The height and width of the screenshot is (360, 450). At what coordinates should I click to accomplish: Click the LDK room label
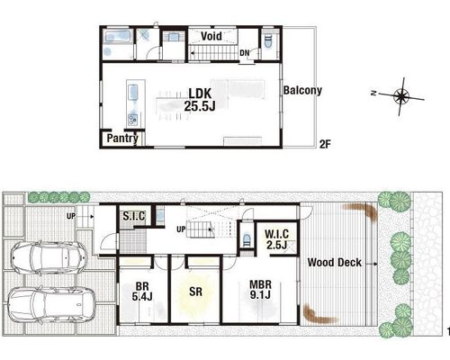tap(200, 100)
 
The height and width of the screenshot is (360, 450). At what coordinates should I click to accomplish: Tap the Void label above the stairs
tap(211, 36)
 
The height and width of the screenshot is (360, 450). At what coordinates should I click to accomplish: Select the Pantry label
tap(122, 139)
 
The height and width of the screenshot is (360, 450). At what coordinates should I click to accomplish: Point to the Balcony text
tap(302, 90)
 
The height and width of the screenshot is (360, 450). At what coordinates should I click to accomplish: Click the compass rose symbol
tap(401, 96)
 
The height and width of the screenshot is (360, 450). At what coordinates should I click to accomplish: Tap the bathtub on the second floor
tap(117, 37)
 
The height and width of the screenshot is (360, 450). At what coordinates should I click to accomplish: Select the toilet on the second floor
tap(268, 41)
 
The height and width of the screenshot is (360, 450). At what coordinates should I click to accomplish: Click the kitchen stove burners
tap(132, 120)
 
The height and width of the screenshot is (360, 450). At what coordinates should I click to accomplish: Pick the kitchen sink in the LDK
tap(133, 93)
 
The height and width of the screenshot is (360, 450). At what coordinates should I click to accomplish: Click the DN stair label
tap(245, 53)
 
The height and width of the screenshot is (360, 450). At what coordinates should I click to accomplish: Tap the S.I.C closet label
tap(134, 216)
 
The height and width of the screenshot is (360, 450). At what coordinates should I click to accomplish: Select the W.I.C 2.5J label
tap(277, 239)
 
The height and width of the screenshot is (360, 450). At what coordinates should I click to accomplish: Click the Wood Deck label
tap(335, 263)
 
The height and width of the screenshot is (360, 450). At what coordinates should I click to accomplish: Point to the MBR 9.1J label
tap(260, 290)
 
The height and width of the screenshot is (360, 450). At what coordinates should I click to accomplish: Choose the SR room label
tap(195, 292)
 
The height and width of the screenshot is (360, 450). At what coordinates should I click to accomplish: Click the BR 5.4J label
tap(142, 292)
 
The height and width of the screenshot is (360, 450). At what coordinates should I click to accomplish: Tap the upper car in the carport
tap(49, 257)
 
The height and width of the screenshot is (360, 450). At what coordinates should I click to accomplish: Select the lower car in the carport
tap(51, 305)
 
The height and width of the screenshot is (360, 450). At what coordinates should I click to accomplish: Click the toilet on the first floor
tap(247, 239)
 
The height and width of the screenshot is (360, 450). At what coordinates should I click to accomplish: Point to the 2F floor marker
tap(325, 144)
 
